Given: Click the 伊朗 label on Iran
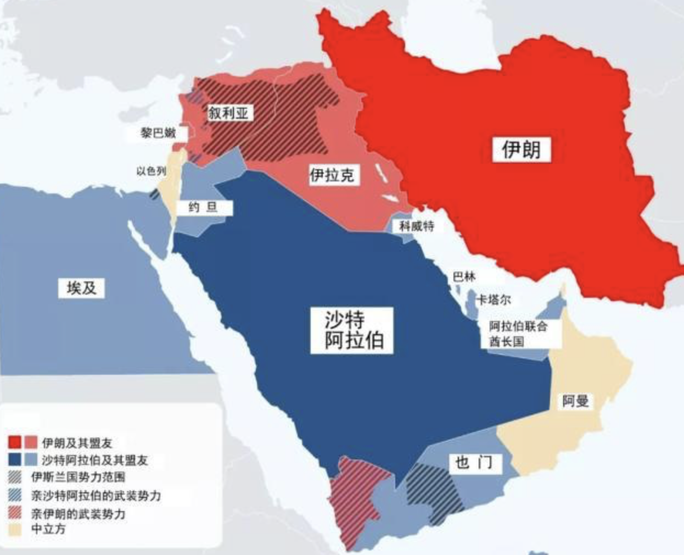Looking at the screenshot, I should click(520, 149).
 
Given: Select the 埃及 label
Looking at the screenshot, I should click(81, 287).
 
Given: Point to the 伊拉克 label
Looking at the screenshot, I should click(332, 175).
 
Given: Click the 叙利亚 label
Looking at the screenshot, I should click(228, 113).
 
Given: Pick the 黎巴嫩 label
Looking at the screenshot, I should click(158, 132).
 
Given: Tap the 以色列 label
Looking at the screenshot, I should click(151, 171).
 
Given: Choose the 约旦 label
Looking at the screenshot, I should click(203, 207).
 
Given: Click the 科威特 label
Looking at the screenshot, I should click(417, 225).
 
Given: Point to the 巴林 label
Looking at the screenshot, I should click(464, 276).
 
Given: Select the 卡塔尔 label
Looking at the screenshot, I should click(492, 300).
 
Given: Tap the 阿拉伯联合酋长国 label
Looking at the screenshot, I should click(518, 334).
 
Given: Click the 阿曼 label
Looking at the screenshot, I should click(575, 401).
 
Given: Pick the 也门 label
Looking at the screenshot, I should click(473, 463).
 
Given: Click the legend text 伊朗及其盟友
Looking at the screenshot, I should click(77, 443).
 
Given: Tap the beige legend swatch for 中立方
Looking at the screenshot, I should click(15, 529).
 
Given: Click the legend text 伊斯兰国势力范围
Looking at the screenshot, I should click(77, 477).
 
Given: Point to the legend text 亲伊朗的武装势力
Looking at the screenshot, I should click(77, 514).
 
